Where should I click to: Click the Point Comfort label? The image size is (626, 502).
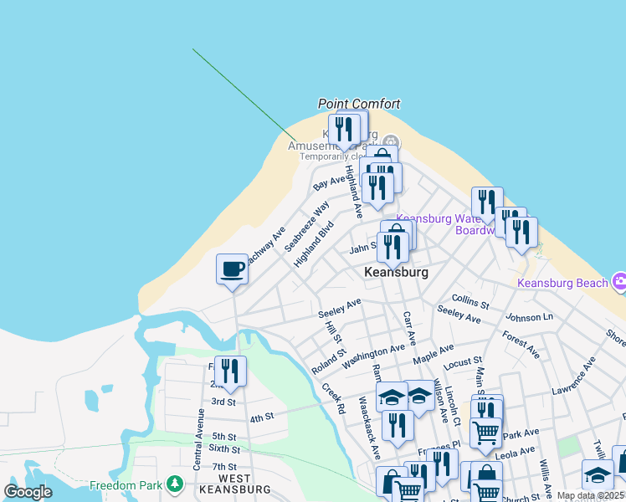(359, 104)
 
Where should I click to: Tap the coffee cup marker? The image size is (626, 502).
(232, 269)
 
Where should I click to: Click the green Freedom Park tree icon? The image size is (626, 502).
(175, 483)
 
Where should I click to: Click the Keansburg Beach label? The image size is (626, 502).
(562, 283)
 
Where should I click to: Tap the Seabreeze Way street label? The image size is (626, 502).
(306, 226)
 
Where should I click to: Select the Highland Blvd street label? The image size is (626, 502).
(314, 244)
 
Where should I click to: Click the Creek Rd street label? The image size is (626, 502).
(333, 400)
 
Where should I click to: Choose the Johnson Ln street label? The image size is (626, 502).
(530, 318)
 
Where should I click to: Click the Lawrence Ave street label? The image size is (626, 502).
(573, 376)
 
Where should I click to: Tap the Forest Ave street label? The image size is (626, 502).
(521, 344)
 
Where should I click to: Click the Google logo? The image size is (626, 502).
(28, 492)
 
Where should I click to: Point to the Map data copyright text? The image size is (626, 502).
(590, 495)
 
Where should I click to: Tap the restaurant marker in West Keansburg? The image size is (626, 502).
(230, 371)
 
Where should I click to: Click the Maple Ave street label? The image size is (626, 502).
(434, 353)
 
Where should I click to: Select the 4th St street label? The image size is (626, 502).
(262, 417)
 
